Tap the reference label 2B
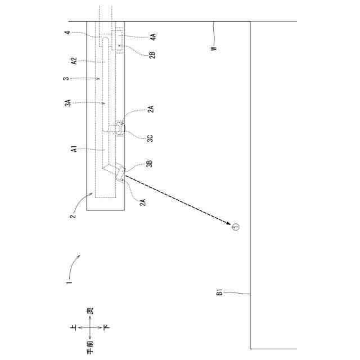point(152,55)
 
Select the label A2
point(74,61)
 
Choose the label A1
point(74,150)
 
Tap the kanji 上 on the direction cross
point(73,327)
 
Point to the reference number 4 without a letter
point(67,33)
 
